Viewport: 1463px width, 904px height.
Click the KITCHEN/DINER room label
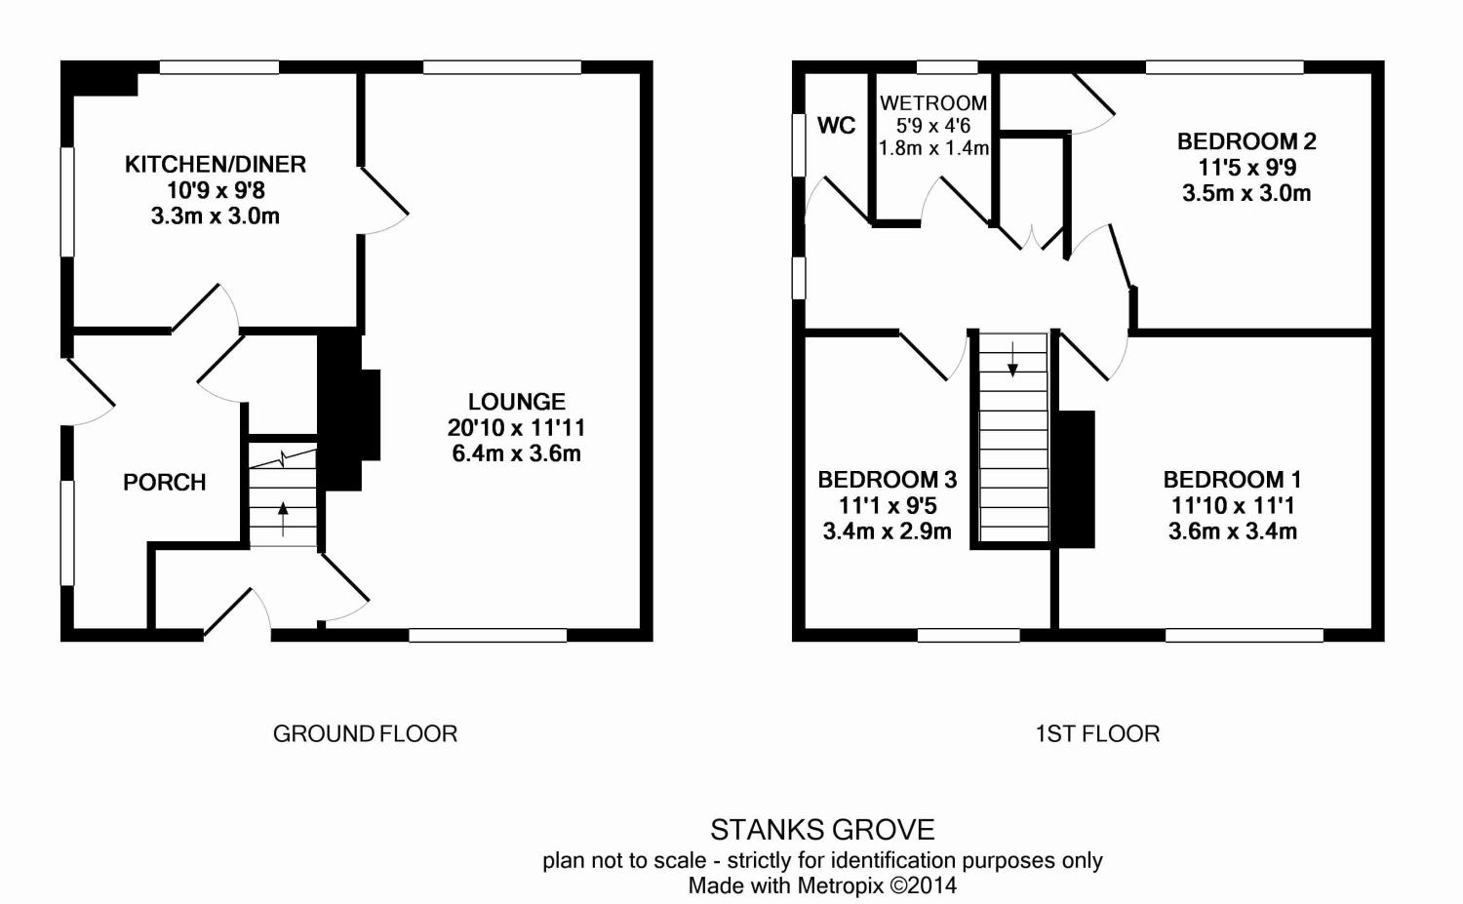click(216, 164)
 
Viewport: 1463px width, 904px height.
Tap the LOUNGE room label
click(517, 401)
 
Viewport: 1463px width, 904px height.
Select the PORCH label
click(165, 482)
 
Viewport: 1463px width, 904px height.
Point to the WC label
click(836, 125)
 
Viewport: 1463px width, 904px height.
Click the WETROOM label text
click(933, 103)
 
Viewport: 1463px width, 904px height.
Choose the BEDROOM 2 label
click(1246, 141)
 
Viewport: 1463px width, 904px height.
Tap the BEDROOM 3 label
click(888, 480)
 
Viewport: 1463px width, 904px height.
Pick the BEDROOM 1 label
click(1233, 480)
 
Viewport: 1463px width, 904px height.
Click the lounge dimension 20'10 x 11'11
click(516, 427)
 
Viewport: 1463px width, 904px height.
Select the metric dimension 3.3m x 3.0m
click(216, 216)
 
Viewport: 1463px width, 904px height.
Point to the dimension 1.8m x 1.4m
click(933, 148)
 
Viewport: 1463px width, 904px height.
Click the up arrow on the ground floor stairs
click(283, 519)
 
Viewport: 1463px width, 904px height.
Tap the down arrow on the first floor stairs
click(1012, 359)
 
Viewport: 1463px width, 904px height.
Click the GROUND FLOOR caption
click(365, 733)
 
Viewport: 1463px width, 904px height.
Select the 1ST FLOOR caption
click(1098, 733)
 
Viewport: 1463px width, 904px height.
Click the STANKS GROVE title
click(822, 830)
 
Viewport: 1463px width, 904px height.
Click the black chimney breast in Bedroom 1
click(1076, 479)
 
